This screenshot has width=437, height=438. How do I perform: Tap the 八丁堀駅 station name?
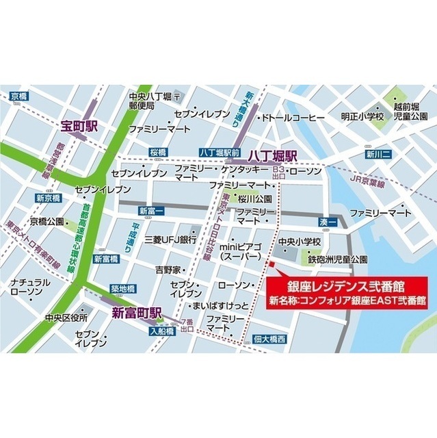(276, 156)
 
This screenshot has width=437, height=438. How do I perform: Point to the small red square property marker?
(272, 263)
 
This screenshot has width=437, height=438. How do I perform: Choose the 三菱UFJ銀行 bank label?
(170, 240)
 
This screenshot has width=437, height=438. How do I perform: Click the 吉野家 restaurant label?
(168, 270)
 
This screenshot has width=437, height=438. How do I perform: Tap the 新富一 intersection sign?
(152, 210)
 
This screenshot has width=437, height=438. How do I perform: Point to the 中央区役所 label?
(66, 318)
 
